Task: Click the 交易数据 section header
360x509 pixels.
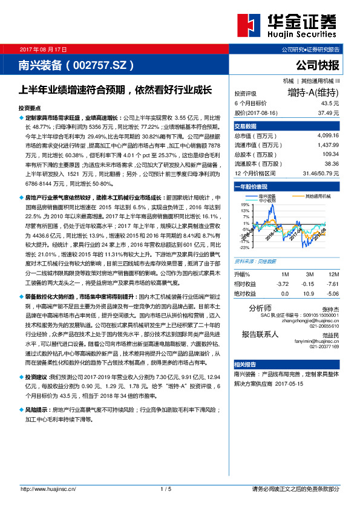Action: pyautogui.click(x=246, y=126)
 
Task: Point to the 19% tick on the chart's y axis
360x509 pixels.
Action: pyautogui.click(x=245, y=205)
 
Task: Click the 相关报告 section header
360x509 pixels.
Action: pyautogui.click(x=246, y=365)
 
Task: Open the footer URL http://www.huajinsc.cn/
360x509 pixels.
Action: pyautogui.click(x=48, y=488)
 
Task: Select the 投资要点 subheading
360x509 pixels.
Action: pyautogui.click(x=30, y=106)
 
